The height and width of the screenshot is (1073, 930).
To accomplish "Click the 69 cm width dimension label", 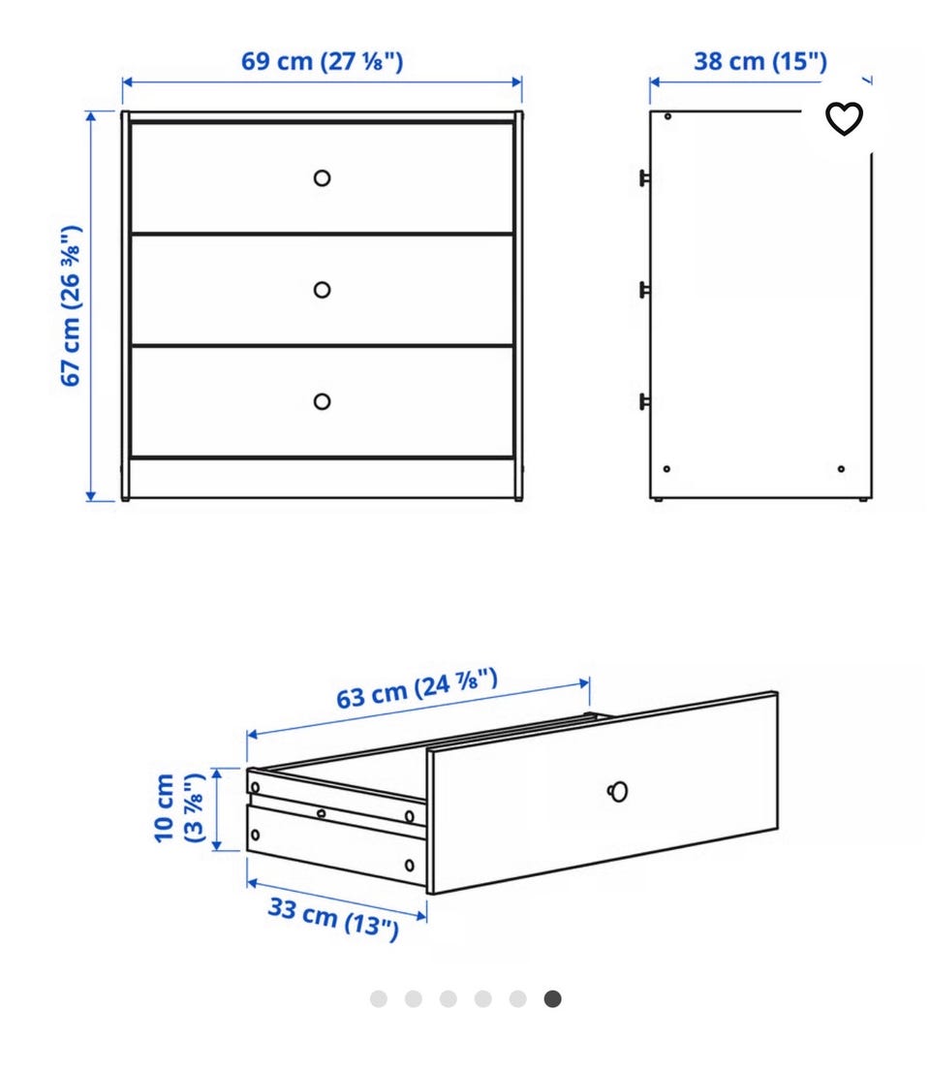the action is coord(322,62).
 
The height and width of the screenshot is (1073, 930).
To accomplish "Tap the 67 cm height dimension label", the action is coord(71,306).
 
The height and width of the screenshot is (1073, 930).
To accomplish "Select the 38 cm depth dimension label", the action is coord(760,62).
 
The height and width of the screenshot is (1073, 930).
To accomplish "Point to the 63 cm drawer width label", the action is coord(417,689).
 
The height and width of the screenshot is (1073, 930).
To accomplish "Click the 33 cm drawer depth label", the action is coord(333,918).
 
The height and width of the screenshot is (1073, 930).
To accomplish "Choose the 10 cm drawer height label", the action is coord(178,808).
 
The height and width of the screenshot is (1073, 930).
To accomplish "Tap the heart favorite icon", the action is coord(844,118).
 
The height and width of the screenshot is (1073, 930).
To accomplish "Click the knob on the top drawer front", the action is coord(322,178).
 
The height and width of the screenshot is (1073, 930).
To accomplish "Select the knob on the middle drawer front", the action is coord(322,290).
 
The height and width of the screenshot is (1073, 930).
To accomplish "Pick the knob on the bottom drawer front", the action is coord(322,401).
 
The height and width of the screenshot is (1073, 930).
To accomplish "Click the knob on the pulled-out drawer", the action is coord(618,792).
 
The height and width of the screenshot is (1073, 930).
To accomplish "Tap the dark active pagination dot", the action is coord(552,999).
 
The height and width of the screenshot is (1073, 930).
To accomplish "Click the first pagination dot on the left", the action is coord(378,999).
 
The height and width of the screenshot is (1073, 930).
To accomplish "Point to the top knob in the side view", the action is coord(644,178).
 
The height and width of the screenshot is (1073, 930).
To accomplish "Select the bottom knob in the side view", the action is coord(644,401).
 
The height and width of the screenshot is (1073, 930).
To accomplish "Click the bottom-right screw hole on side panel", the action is coord(841,469).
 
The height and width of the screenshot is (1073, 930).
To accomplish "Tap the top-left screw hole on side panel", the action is coord(668,117).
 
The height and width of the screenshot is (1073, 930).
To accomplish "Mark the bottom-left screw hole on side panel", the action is coord(666,469).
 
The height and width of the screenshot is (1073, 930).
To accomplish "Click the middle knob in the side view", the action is coord(644,290).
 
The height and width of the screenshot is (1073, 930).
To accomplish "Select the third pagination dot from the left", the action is coord(448,999).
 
